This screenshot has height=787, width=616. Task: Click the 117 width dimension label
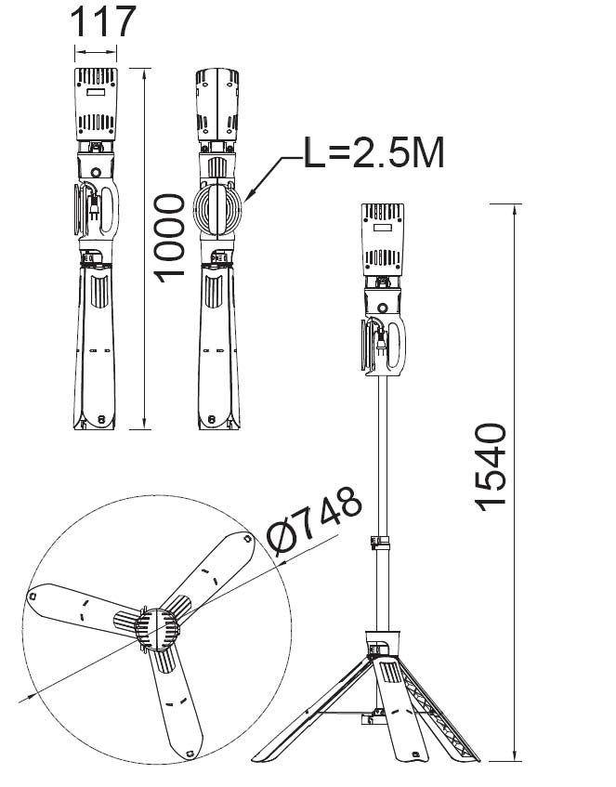[x=103, y=21]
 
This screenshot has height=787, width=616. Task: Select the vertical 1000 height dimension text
[x=169, y=239]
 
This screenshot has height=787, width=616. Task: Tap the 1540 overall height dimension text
[x=491, y=467]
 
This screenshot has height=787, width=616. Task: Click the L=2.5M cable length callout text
[x=374, y=153]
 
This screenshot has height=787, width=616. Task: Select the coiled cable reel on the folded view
[x=217, y=209]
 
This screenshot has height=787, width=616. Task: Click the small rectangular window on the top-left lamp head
[x=96, y=93]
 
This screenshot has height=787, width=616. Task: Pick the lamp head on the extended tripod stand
[x=383, y=240]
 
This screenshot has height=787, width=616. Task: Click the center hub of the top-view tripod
[x=157, y=629]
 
